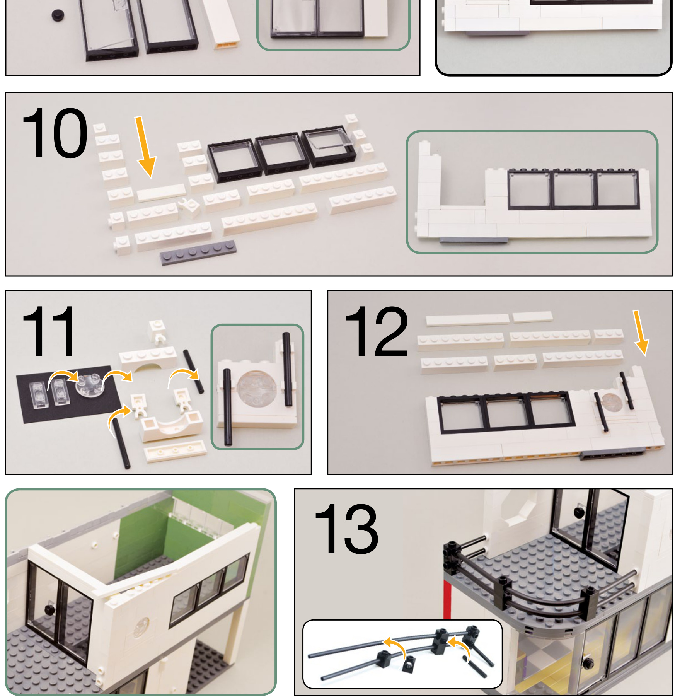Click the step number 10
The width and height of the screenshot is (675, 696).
[x=55, y=133]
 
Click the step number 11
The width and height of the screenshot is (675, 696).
[x=49, y=331]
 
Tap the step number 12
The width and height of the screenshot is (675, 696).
[x=376, y=331]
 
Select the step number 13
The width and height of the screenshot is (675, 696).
[x=346, y=529]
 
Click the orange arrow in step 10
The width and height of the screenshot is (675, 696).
[x=145, y=147]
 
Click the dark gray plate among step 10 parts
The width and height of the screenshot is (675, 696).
[x=198, y=252]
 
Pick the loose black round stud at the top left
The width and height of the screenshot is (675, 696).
[x=58, y=15]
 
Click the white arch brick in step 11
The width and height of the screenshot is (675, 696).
[x=148, y=358]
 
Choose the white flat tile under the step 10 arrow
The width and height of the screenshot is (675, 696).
[x=161, y=192]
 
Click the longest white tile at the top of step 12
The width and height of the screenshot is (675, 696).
[x=467, y=319]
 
